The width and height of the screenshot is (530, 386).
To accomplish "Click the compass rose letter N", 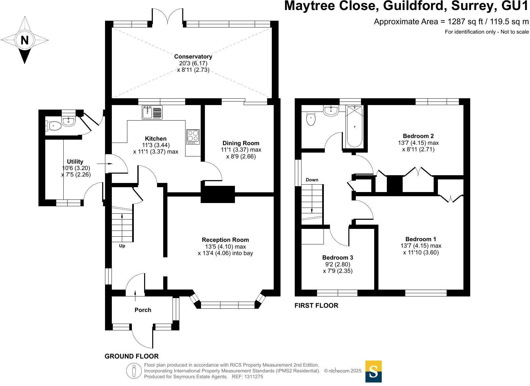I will pos(25,40).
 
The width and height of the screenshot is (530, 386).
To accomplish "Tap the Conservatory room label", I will pos(193,57).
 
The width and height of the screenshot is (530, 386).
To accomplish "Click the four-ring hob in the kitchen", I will pos(193,137).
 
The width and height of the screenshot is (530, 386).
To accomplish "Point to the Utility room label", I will pos(75,161).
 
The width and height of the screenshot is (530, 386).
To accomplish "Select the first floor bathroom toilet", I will pos(311,119).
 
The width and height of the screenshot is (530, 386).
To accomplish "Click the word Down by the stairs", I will pos(312,180).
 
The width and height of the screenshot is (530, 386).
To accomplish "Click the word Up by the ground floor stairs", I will pos(122,246).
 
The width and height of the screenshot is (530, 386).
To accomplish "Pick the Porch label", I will pos(143,310).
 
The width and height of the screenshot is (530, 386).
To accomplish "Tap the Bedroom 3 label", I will pos(337,257).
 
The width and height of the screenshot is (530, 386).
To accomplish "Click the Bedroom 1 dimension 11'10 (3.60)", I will pos(421,252).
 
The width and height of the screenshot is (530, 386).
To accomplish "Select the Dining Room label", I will pos(241,143).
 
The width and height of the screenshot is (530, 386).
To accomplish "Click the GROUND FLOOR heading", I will pos(132,356).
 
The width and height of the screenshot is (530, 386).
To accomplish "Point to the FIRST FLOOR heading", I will pos(316,306).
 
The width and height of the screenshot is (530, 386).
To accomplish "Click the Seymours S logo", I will pos(373,371).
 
